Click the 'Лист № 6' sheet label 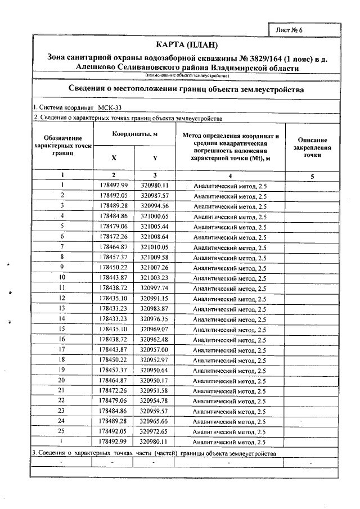point(290,29)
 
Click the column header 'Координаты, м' point(134,135)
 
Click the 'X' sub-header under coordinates point(114,158)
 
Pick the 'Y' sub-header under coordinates point(155,158)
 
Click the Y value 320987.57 point(155,195)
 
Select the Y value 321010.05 point(155,247)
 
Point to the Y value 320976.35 point(155,319)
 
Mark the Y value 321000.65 point(155,216)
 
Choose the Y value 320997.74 point(155,288)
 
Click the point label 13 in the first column point(62,309)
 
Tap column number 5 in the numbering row point(312,177)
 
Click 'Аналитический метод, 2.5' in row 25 point(229,432)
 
